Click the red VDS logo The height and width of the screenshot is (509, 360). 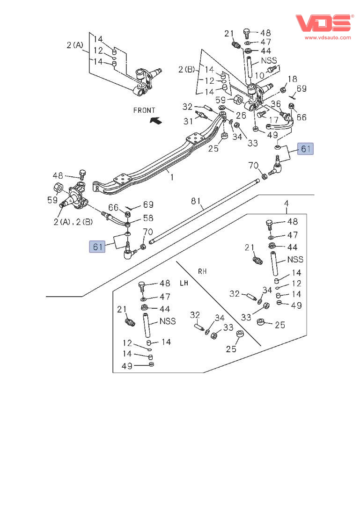pos(323,23)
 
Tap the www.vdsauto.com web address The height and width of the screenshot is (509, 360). pos(328,37)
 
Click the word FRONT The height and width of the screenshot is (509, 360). pos(144,110)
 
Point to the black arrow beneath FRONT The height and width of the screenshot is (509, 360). pos(156,121)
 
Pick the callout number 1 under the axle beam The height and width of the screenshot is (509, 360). pos(171,177)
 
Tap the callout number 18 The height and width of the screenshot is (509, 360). pos(292,79)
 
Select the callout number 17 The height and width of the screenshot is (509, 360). pos(274,120)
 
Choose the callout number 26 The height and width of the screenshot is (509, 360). pos(241,116)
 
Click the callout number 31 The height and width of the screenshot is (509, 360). pos(188,121)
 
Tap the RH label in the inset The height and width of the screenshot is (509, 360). pos(202,271)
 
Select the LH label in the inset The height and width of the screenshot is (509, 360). pos(184,283)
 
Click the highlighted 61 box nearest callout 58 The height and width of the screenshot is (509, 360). pos(97,246)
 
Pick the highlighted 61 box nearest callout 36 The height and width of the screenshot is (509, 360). pos(305,149)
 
